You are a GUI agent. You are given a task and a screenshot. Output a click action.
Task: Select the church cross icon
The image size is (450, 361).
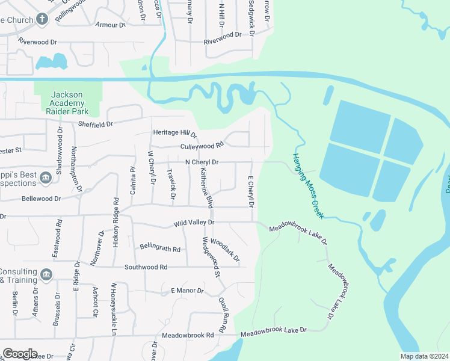(x=42, y=19)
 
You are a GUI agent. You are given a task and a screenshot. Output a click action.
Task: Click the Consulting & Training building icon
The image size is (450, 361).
(x=46, y=275)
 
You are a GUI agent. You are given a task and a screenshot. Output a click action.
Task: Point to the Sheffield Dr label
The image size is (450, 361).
(x=96, y=125)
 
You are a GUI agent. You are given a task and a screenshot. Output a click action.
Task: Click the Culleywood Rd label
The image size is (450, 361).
(x=202, y=145)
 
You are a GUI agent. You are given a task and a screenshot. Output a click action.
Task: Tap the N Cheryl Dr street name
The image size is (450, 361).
(x=202, y=162)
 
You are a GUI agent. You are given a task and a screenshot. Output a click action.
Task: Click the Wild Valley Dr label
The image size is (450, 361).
(x=194, y=223)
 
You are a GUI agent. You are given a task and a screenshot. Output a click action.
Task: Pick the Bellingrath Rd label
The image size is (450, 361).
(x=160, y=248)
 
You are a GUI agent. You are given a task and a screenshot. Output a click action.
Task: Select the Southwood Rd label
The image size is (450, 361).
(x=146, y=267)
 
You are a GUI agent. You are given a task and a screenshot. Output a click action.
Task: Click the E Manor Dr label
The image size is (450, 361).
(x=188, y=291)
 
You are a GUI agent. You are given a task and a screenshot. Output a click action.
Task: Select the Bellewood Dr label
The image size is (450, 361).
(x=41, y=199)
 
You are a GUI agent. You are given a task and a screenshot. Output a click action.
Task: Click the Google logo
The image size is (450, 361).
(x=20, y=354)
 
